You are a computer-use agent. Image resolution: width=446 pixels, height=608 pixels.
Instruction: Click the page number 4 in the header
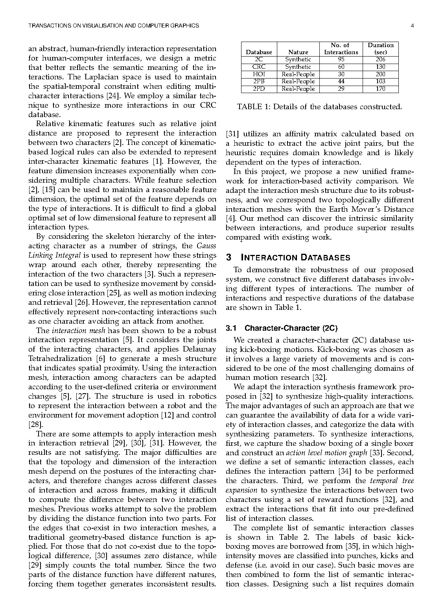412,26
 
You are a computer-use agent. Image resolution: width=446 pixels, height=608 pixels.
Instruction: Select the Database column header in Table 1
259,52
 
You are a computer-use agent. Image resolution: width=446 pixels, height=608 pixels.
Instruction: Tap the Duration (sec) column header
380,48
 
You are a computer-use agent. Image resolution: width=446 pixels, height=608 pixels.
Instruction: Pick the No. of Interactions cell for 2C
341,59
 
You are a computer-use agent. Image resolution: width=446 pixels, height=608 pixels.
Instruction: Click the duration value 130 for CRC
380,67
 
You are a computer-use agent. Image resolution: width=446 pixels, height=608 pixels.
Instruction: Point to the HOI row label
259,74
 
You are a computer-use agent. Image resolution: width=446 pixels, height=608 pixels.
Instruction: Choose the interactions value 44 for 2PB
341,81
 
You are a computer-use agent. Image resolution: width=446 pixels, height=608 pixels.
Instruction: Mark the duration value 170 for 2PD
380,89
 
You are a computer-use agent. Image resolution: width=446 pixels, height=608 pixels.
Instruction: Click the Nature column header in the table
298,52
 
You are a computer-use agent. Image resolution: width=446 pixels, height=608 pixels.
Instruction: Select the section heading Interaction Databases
295,258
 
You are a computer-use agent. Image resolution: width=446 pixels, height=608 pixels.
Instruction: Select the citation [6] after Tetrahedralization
100,359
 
